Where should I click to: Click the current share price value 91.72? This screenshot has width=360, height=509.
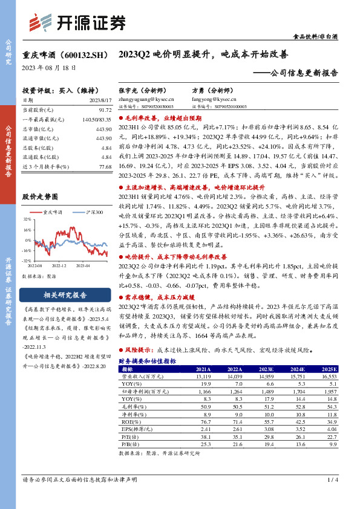tap(103, 110)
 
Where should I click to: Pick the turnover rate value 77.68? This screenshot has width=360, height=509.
tap(103, 166)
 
